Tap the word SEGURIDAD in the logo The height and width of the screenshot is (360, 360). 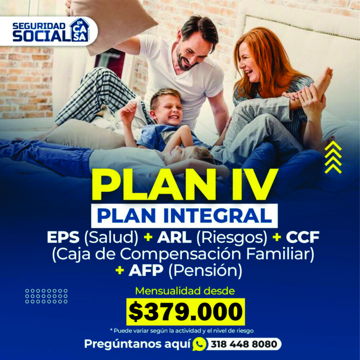coord(39,25)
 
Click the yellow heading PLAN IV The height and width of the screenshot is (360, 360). coord(180,184)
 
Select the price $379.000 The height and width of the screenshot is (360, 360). coord(186,310)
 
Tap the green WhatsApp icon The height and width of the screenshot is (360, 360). coord(199,344)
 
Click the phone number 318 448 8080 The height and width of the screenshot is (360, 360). coord(244,344)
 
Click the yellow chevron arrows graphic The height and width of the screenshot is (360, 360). coord(333,157)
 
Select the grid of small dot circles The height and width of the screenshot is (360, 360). coord(46,296)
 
